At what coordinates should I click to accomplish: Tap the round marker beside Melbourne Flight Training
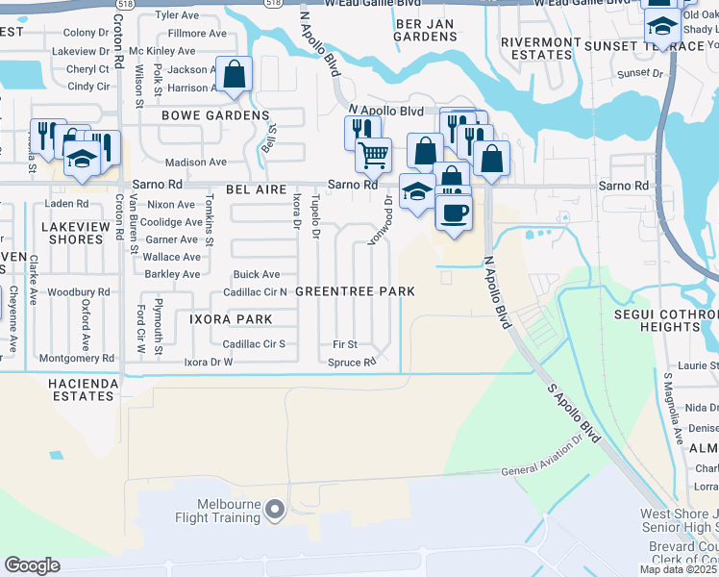[x=276, y=510]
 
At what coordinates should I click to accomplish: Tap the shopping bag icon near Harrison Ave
[x=234, y=75]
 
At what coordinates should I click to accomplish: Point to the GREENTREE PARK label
[x=355, y=291]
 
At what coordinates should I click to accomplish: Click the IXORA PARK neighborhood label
[x=231, y=318]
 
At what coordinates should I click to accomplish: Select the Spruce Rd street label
[x=353, y=363]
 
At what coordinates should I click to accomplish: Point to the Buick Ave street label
[x=258, y=274]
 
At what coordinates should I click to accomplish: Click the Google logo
[x=32, y=564]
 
